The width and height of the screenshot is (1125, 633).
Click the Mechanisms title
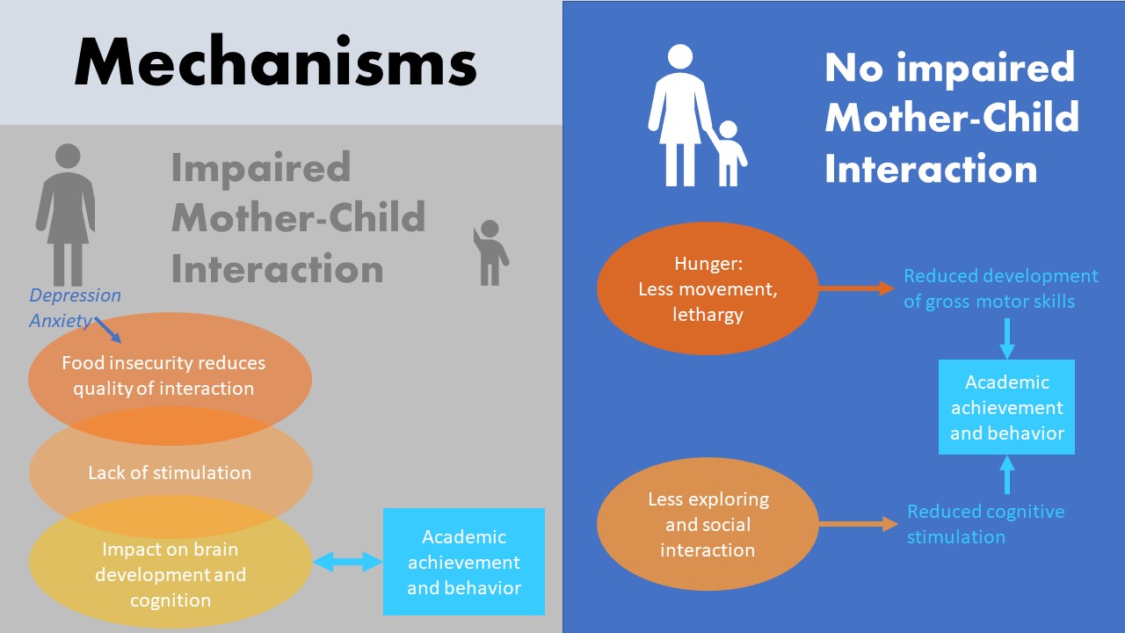pyautogui.click(x=276, y=62)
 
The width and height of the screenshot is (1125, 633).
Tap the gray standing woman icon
pyautogui.click(x=66, y=215)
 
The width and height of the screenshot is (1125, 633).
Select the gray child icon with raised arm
pyautogui.click(x=490, y=252)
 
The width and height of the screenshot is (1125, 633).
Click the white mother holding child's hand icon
pyautogui.click(x=697, y=115)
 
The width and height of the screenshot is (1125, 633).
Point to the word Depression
pyautogui.click(x=76, y=295)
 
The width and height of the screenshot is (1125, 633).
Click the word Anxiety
pyautogui.click(x=61, y=321)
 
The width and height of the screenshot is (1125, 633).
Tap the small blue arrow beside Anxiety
pyautogui.click(x=108, y=330)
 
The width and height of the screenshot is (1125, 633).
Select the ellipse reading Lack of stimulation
pyautogui.click(x=171, y=472)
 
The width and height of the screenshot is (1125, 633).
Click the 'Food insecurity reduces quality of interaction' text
pyautogui.click(x=163, y=375)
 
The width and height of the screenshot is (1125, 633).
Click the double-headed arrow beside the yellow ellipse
pyautogui.click(x=347, y=562)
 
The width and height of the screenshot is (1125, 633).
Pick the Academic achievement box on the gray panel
pyautogui.click(x=464, y=562)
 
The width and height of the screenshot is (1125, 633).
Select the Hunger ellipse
pyautogui.click(x=708, y=289)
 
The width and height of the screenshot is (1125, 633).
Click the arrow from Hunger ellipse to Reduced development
pyautogui.click(x=857, y=288)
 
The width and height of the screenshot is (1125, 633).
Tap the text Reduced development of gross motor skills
pyautogui.click(x=1000, y=288)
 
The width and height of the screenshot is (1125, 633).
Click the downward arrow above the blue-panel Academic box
pyautogui.click(x=1006, y=338)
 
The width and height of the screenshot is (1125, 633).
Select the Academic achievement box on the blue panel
pyautogui.click(x=1006, y=407)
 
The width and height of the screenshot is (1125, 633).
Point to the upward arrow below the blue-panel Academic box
pyautogui.click(x=1006, y=475)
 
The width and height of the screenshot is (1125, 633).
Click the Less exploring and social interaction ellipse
pyautogui.click(x=708, y=524)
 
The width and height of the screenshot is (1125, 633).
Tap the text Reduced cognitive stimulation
pyautogui.click(x=985, y=524)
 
